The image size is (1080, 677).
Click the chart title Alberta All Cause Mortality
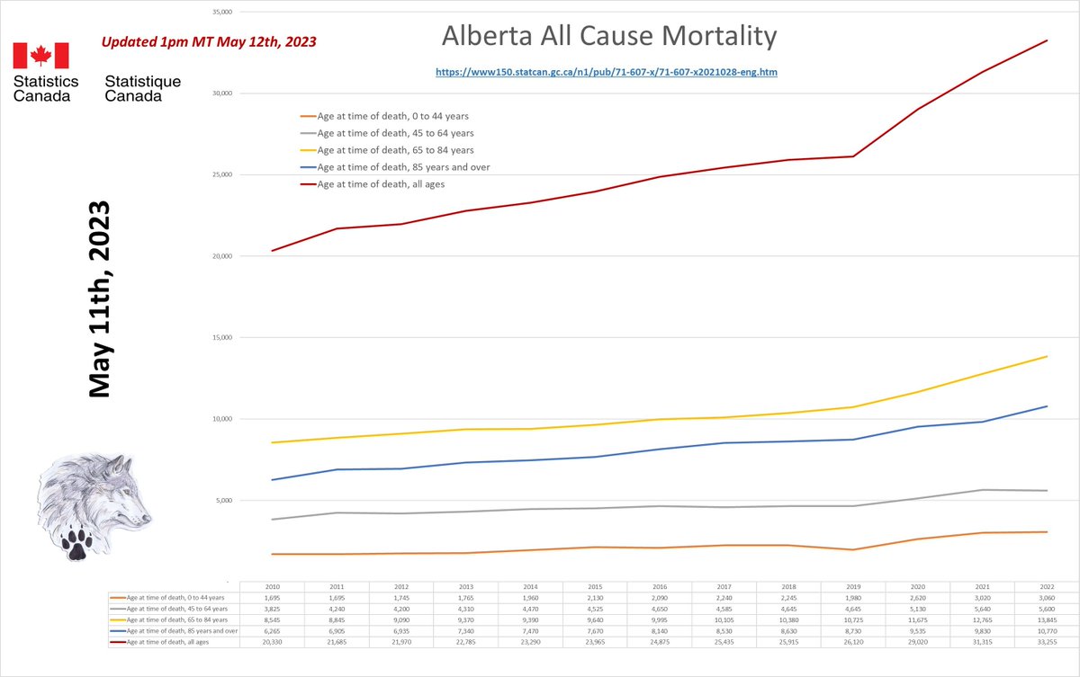(x=608, y=37)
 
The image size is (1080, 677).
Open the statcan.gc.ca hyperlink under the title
(x=606, y=71)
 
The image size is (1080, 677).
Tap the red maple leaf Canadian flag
(x=40, y=56)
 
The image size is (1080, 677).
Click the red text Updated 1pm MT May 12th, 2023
(x=208, y=42)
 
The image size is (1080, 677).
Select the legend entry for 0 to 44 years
(x=392, y=116)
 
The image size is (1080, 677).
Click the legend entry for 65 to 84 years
(x=395, y=150)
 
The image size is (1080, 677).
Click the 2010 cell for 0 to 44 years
(x=272, y=597)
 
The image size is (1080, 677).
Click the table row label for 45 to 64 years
(x=174, y=608)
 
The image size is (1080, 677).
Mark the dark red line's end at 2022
(x=1048, y=40)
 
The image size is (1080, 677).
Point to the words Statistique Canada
(x=142, y=88)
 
